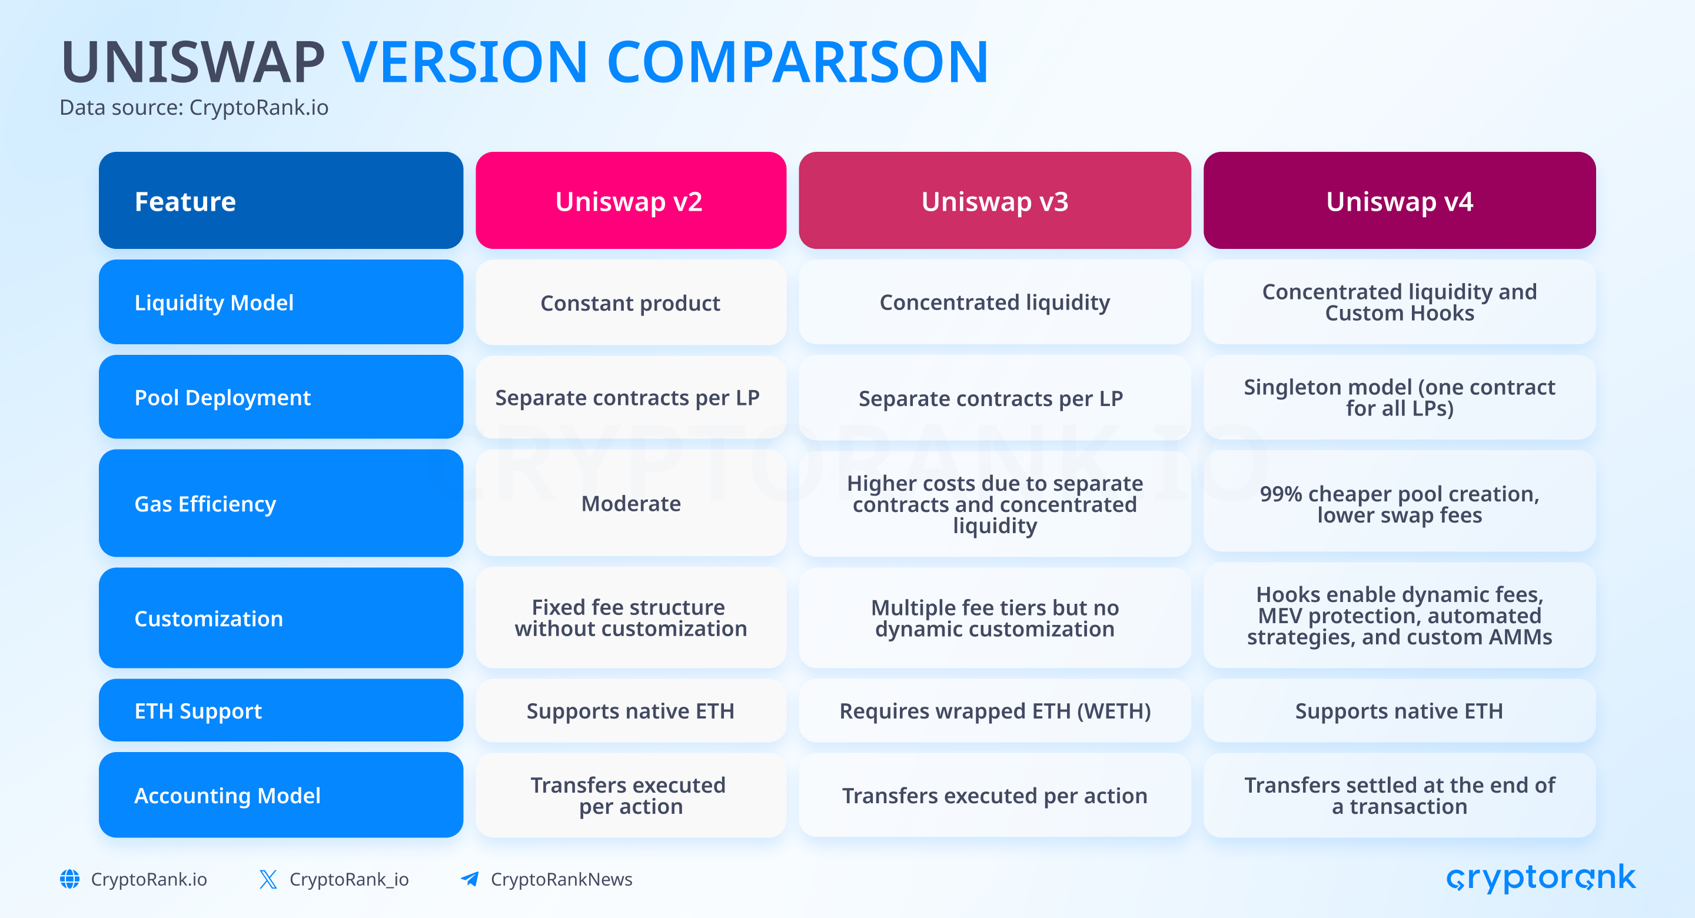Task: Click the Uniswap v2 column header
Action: [x=630, y=200]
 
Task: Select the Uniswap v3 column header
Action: [x=994, y=200]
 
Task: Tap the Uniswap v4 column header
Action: [x=1399, y=200]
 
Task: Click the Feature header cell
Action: [x=281, y=200]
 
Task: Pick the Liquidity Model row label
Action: [x=281, y=302]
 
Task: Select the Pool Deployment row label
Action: [x=281, y=397]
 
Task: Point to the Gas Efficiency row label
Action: [x=281, y=503]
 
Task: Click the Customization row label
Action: [x=281, y=618]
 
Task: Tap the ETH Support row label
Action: [x=281, y=710]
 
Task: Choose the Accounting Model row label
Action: [x=281, y=795]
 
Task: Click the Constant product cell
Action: [x=630, y=302]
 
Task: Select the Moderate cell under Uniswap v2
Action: [x=630, y=503]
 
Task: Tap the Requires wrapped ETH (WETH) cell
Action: [x=994, y=710]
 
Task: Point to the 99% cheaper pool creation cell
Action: [x=1399, y=503]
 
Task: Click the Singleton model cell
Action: [x=1399, y=397]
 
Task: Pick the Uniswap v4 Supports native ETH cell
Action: [x=1399, y=710]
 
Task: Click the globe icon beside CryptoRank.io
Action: [x=70, y=879]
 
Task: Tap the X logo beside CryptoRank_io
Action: [x=268, y=879]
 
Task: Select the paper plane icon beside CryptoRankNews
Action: [x=470, y=879]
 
